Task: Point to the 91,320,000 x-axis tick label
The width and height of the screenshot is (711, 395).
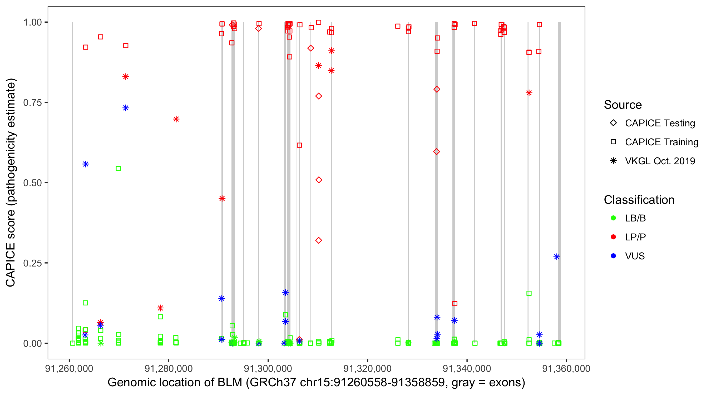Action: pyautogui.click(x=367, y=368)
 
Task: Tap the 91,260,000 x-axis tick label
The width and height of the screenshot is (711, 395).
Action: pyautogui.click(x=69, y=368)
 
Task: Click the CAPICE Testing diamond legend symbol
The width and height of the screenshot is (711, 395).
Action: pyautogui.click(x=613, y=123)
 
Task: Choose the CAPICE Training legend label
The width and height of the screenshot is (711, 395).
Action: pyautogui.click(x=661, y=142)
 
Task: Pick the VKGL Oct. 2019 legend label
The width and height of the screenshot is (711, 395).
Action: pyautogui.click(x=660, y=161)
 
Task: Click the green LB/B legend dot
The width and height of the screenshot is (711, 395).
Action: pyautogui.click(x=613, y=218)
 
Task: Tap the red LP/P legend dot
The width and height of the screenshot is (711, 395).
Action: pyautogui.click(x=613, y=237)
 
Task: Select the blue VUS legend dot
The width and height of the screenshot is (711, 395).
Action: pyautogui.click(x=613, y=256)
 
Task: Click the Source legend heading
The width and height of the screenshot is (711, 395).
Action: pyautogui.click(x=623, y=105)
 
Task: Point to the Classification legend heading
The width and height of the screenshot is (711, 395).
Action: pyautogui.click(x=639, y=200)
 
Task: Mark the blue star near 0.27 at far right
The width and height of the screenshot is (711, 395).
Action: pyautogui.click(x=556, y=257)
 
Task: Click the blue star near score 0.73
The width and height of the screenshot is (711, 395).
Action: pyautogui.click(x=126, y=108)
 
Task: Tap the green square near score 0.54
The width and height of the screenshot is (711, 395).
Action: pyautogui.click(x=118, y=169)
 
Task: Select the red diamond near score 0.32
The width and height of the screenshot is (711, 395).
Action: pyautogui.click(x=319, y=240)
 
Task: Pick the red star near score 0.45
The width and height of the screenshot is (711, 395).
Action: pyautogui.click(x=222, y=199)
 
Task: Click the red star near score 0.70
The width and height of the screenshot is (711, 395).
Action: pyautogui.click(x=176, y=119)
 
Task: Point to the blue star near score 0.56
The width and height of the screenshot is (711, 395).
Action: pyautogui.click(x=86, y=164)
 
